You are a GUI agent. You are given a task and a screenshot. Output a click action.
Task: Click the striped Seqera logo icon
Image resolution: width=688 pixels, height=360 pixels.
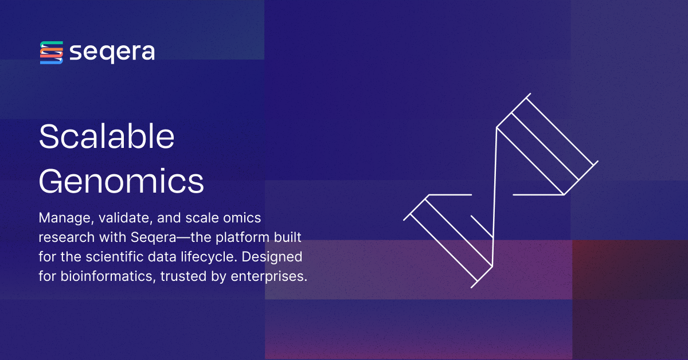[x=51, y=53]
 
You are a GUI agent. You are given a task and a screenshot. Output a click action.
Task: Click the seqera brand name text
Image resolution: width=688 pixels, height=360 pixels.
[x=112, y=53]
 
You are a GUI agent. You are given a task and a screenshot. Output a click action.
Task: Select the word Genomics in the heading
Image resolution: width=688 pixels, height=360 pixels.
[x=121, y=182]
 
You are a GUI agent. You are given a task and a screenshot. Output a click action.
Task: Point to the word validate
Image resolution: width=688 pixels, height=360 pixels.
[x=118, y=218]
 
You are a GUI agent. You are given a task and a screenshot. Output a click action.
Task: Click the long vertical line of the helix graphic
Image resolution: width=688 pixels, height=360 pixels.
[x=494, y=195]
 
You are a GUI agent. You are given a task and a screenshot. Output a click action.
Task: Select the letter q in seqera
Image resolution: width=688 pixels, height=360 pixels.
[x=107, y=54]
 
